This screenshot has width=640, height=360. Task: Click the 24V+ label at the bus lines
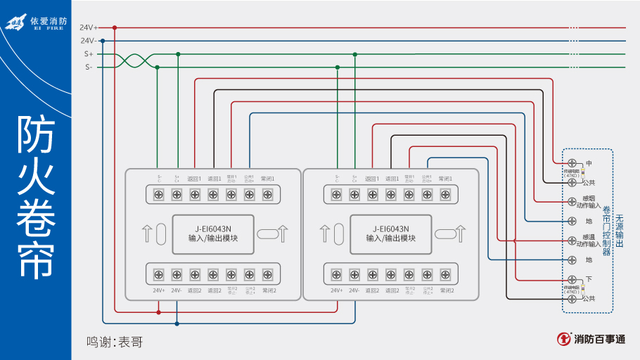(x=89, y=27)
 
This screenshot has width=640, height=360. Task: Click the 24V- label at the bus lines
(x=89, y=41)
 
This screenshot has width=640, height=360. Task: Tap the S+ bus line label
(x=89, y=54)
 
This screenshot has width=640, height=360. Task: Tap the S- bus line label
(x=89, y=67)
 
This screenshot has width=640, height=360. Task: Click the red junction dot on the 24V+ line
(x=115, y=27)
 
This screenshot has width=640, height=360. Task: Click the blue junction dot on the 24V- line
(x=103, y=41)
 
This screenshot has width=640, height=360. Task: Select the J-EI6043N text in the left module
(x=213, y=229)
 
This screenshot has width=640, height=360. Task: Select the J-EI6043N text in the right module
(x=390, y=229)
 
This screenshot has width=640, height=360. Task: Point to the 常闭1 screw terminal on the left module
(x=267, y=194)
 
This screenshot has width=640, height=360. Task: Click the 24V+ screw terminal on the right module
(x=336, y=274)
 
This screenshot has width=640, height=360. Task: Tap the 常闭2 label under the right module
(x=446, y=290)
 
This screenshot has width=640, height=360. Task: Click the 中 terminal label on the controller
(x=589, y=163)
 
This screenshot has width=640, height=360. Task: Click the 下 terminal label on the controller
(x=589, y=279)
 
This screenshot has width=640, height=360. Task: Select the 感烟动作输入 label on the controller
(x=589, y=202)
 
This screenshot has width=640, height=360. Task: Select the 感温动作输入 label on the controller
(x=589, y=241)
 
